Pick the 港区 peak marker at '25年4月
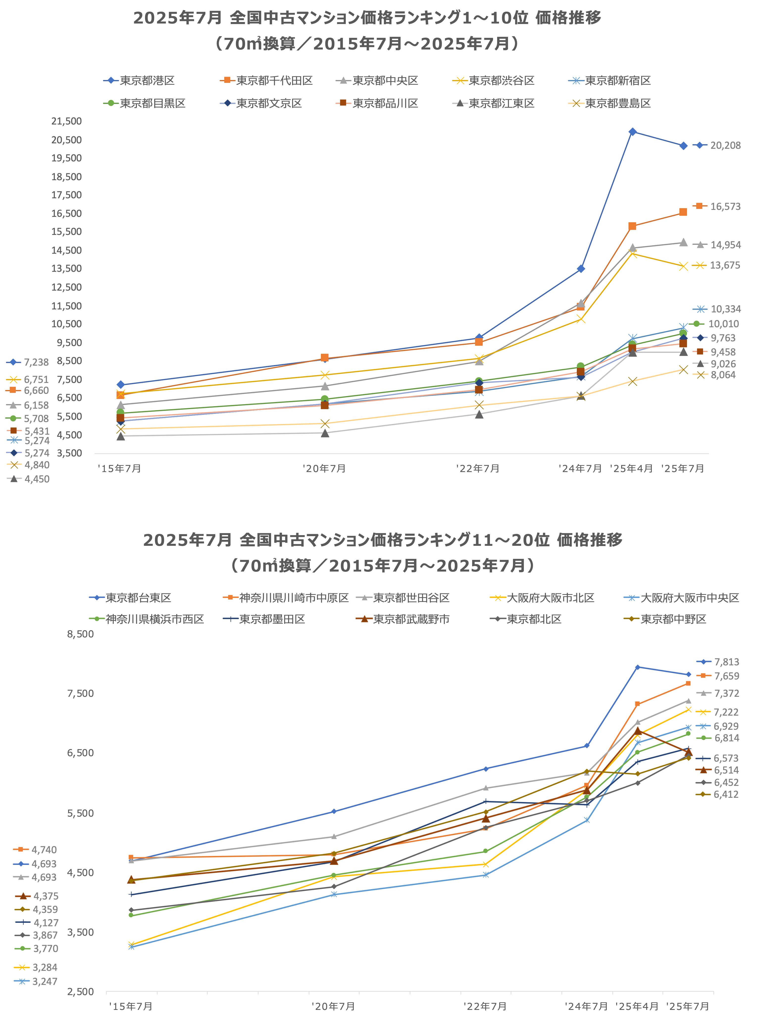pyautogui.click(x=633, y=132)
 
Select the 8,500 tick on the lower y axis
pyautogui.click(x=80, y=634)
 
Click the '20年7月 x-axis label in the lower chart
pyautogui.click(x=333, y=1006)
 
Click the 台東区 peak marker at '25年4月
pyautogui.click(x=638, y=667)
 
